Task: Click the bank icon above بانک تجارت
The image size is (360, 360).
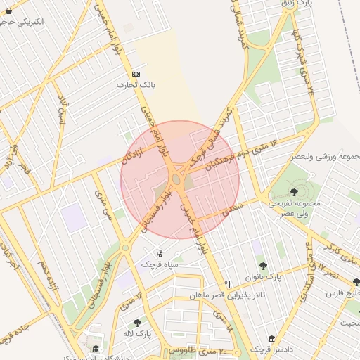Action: (136, 74)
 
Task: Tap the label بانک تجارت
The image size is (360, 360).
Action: (136, 84)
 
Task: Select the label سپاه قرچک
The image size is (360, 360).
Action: (157, 264)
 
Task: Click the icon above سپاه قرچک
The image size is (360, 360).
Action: (160, 253)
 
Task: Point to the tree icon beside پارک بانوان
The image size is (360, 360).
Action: (263, 266)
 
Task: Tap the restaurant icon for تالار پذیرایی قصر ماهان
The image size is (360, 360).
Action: (226, 285)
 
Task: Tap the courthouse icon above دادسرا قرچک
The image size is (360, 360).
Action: (271, 339)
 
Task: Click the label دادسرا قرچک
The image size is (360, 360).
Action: (267, 349)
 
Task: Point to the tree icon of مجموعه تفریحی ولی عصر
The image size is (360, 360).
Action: (293, 191)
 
